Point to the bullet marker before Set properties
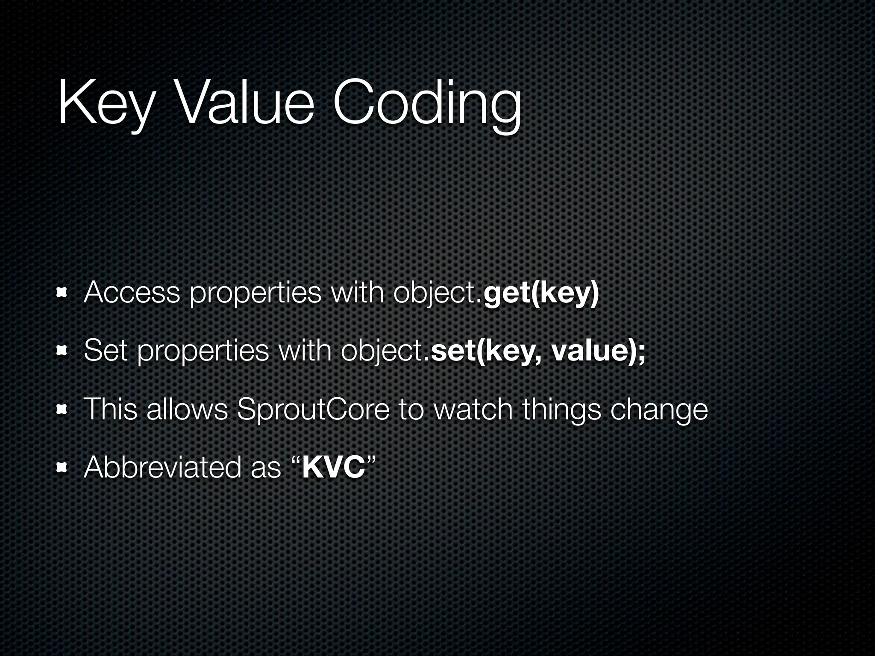[x=63, y=351]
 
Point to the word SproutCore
[x=313, y=410]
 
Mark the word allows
[x=187, y=410]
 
